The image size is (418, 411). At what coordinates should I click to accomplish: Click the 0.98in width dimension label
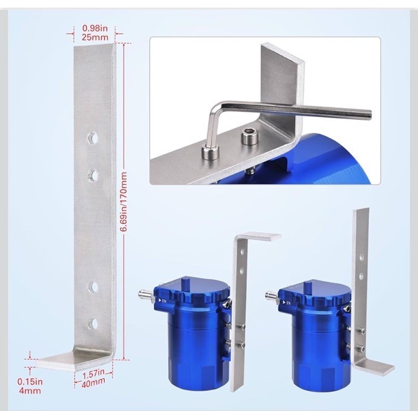95,28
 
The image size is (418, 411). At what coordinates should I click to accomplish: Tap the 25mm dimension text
95,37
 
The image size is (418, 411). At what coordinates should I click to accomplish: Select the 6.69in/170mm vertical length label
123,201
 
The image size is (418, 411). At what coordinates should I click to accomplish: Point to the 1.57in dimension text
93,374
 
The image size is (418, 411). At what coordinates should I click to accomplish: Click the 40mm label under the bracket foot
93,383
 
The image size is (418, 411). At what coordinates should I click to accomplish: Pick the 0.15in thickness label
30,382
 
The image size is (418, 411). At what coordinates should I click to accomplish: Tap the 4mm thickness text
30,391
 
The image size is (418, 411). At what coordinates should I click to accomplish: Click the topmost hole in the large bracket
92,138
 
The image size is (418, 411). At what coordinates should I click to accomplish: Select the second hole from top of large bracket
93,175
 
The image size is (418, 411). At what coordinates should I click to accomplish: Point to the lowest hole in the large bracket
92,323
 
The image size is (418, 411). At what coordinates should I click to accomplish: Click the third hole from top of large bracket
92,286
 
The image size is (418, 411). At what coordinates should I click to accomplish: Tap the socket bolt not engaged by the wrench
250,136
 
